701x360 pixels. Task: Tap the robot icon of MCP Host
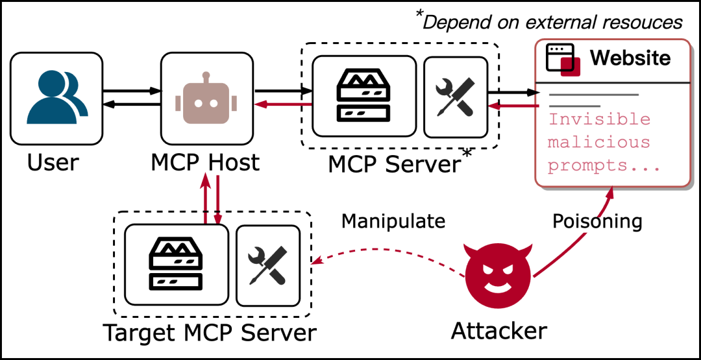coord(206,99)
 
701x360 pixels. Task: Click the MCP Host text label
coord(206,162)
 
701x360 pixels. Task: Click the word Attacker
coord(498,331)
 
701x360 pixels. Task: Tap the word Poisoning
coord(597,221)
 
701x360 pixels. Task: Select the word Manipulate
coord(393,221)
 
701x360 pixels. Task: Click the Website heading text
coord(630,58)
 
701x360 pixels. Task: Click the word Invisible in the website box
coord(599,119)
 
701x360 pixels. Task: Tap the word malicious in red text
coord(599,142)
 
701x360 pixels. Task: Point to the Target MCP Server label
coord(210,333)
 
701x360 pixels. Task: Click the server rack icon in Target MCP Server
coord(176,264)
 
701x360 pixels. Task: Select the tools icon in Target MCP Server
coord(267,265)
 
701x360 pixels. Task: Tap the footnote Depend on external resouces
coord(552,21)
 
